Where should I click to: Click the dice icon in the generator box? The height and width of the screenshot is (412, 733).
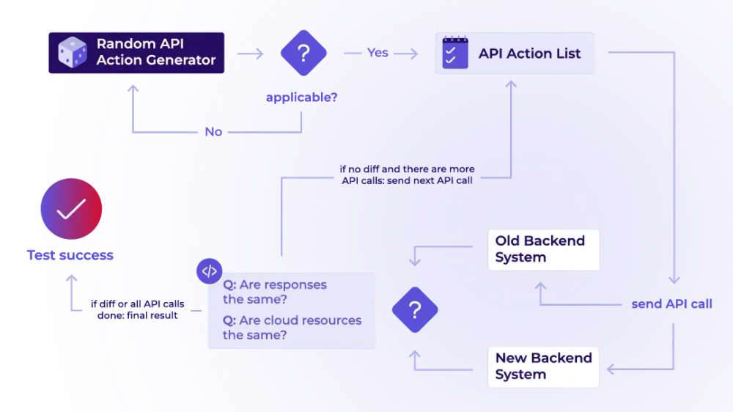pos(73,52)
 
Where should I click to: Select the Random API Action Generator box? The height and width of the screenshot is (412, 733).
pos(136,53)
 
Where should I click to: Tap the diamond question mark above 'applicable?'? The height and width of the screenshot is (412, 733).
pos(303,53)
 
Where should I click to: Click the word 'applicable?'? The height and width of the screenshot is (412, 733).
pos(301,98)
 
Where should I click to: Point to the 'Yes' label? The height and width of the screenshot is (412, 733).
pos(377,52)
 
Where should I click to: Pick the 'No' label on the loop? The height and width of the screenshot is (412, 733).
pos(213,132)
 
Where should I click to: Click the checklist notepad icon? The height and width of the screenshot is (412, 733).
pos(455,52)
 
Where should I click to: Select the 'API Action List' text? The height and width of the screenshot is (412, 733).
pos(529,54)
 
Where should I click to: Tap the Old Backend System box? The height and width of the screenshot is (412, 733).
pos(544,250)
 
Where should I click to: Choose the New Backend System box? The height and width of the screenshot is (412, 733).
pos(543,367)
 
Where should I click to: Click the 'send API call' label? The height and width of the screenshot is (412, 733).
pos(671,304)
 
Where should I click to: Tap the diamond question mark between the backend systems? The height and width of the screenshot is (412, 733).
pos(415,309)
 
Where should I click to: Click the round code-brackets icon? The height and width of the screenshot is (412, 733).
pos(210,271)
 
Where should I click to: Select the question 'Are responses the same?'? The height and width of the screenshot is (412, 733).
pos(275,292)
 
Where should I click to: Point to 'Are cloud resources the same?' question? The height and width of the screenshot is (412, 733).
pos(292,328)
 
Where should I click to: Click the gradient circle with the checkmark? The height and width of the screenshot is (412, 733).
pos(71,209)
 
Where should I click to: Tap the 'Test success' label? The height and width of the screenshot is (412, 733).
pos(70,255)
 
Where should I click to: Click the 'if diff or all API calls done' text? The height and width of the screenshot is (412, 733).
pos(138,309)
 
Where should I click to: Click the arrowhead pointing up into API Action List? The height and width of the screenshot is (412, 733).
pos(511,84)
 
